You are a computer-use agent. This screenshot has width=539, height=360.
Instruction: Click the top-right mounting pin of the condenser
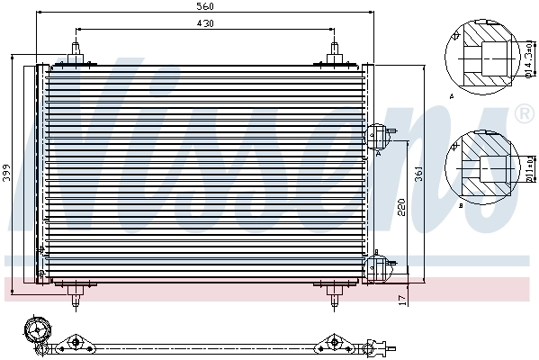click(x=333, y=50)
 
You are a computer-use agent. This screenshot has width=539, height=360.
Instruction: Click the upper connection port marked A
click(x=376, y=138)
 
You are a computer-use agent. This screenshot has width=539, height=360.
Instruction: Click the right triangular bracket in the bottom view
click(x=333, y=342)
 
